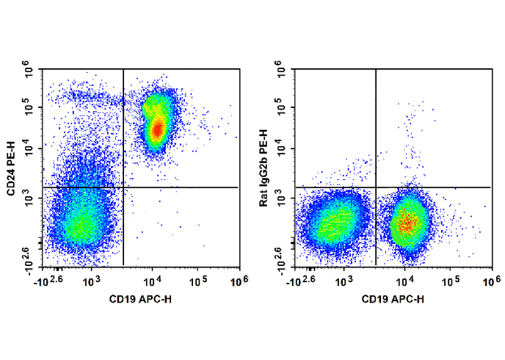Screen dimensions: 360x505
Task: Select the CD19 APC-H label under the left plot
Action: tap(141, 299)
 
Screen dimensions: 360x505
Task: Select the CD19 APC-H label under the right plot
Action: tap(393, 299)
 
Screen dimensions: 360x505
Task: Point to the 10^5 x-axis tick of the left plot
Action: tap(197, 281)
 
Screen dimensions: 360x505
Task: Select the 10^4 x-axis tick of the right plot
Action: tap(405, 281)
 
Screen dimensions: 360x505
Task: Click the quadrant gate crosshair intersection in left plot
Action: tap(123, 187)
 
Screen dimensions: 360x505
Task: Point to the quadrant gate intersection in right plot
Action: tap(376, 187)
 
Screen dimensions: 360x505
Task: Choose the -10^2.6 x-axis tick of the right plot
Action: tap(304, 281)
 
